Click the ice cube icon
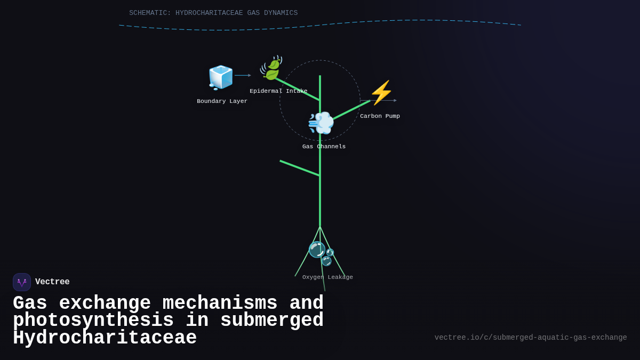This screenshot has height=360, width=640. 220,77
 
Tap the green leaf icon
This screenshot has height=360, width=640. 271,68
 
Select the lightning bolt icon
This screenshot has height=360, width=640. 381,93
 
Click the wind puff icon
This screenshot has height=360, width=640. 321,123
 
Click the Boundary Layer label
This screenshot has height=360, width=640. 222,101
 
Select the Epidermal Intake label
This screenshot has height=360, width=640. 278,91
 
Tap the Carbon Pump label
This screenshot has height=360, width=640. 380,116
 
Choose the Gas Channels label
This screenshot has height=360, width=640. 324,147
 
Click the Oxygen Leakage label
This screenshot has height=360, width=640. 327,277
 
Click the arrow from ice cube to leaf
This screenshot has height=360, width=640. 243,75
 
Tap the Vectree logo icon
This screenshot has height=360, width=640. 22,282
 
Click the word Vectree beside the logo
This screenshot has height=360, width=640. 52,282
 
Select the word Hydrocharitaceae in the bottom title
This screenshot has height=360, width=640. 105,338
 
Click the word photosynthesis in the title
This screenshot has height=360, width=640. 93,321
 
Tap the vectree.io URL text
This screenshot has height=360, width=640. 530,338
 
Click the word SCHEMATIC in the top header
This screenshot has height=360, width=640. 150,13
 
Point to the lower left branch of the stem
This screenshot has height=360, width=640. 299,168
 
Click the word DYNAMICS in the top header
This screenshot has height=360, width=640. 281,13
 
